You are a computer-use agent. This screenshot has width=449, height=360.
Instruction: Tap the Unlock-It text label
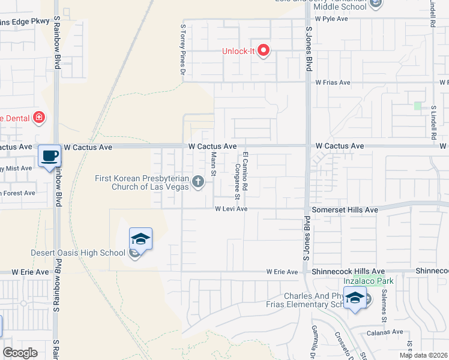[240, 51]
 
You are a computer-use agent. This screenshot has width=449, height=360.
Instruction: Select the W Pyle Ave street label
[331, 19]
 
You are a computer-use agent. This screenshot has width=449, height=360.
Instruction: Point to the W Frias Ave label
[333, 82]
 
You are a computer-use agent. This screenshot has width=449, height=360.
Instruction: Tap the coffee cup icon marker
[50, 156]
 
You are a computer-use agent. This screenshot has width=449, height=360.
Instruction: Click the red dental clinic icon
[39, 117]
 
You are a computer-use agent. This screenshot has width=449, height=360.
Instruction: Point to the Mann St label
[213, 163]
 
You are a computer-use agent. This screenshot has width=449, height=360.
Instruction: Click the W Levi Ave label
[231, 209]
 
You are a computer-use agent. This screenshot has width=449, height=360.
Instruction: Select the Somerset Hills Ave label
[345, 210]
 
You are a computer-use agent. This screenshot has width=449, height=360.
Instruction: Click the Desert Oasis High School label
[79, 253]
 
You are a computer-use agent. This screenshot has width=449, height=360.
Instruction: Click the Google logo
[20, 353]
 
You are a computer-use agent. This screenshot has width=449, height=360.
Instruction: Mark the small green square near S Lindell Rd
[418, 106]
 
